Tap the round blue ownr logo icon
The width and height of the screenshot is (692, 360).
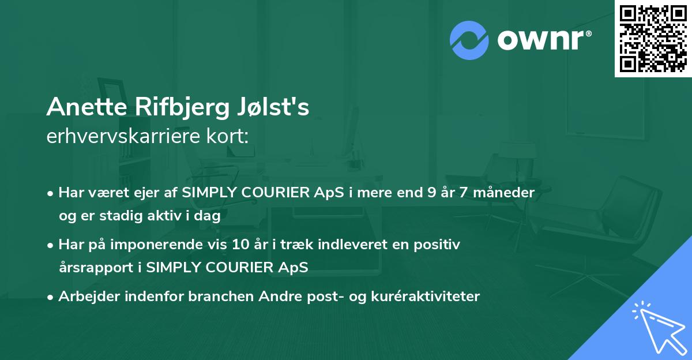coord(469,40)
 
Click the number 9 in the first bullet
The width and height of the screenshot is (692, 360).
coord(431,192)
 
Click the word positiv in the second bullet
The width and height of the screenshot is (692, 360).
coord(441,245)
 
